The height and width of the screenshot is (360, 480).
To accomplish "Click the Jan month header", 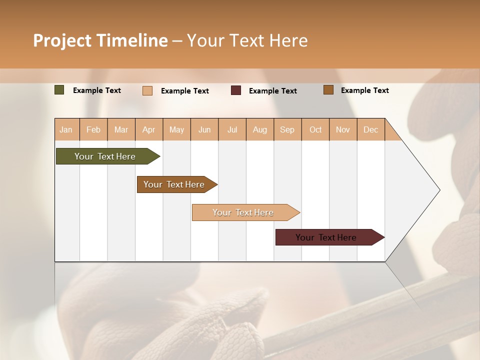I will (66, 129).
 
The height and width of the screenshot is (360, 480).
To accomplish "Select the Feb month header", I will (93, 129).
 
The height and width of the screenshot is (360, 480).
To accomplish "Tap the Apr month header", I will (148, 129).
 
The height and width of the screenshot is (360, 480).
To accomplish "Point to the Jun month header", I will (204, 129).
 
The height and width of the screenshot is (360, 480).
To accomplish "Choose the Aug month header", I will (259, 129).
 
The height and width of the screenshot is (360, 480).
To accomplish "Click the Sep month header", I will (287, 129).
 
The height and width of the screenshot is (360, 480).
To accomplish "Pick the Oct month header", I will (315, 129).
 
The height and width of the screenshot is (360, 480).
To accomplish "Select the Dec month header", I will (370, 129).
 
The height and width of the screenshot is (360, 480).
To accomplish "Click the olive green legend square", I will (59, 90).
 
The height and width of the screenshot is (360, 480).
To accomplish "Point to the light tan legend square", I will (147, 90).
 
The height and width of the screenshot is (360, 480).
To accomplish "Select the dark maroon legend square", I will (236, 90).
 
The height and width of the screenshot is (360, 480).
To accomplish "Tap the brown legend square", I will (328, 90).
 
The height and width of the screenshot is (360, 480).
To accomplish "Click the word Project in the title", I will (61, 40).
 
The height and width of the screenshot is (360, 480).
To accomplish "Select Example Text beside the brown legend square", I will (364, 90).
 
